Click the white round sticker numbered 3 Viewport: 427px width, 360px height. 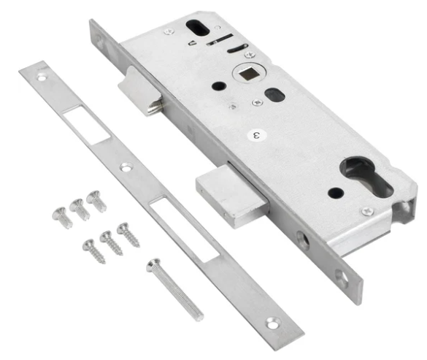pos(257,135)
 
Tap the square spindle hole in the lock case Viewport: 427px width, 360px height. pos(247,73)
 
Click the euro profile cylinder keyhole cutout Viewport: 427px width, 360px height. pos(366,176)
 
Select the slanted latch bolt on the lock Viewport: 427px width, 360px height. pos(141,91)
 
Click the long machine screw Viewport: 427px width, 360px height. pos(174,289)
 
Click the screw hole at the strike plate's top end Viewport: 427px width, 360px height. pos(42,78)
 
